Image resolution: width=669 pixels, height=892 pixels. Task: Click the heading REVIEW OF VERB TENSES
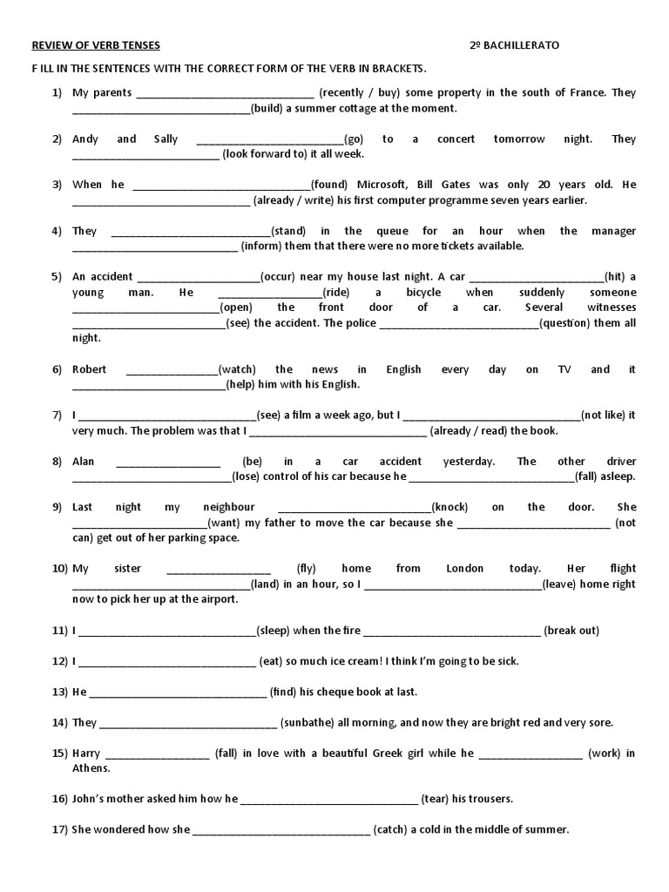pyautogui.click(x=96, y=45)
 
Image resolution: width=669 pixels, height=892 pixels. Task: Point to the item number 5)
pyautogui.click(x=57, y=277)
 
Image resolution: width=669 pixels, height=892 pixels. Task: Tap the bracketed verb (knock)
pyautogui.click(x=451, y=507)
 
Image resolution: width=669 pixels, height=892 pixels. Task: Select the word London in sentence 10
pyautogui.click(x=464, y=569)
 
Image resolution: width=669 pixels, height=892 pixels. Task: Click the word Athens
pyautogui.click(x=91, y=768)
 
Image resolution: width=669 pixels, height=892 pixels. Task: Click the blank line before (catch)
pyautogui.click(x=280, y=831)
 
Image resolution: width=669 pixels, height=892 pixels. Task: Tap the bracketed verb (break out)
pyautogui.click(x=571, y=631)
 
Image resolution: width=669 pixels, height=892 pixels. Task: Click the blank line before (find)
pyautogui.click(x=178, y=693)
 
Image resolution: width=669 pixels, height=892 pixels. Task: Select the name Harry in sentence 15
pyautogui.click(x=86, y=753)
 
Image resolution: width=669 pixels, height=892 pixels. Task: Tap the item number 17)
pyautogui.click(x=59, y=830)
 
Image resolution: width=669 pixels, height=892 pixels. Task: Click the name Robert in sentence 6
pyautogui.click(x=90, y=369)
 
